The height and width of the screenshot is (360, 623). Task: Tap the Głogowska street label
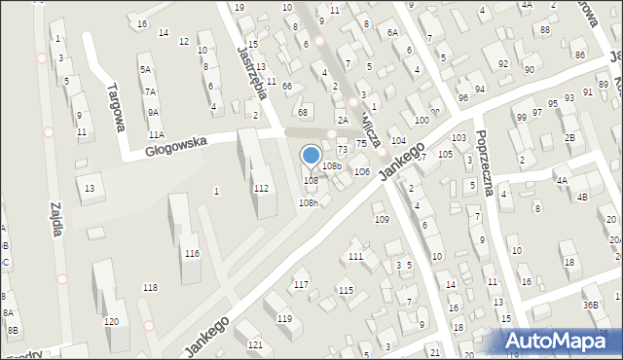pos(176,142)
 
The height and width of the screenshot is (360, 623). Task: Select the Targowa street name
pos(115,105)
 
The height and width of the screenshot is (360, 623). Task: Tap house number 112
pos(261,188)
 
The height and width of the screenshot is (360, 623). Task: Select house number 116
pos(192,253)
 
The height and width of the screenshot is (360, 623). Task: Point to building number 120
pos(111,321)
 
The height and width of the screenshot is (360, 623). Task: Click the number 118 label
pos(150,286)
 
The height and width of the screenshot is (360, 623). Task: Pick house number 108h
pos(308,202)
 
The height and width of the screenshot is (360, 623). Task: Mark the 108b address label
pos(332,166)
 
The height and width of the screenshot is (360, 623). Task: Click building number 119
pos(284,318)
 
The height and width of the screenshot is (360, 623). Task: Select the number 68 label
pos(303,112)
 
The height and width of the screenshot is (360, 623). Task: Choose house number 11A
pos(156,134)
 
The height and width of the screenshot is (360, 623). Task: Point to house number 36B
pos(591,305)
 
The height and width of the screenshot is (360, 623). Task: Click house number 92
pos(503,64)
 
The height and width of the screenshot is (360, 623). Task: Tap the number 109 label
pos(382,219)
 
